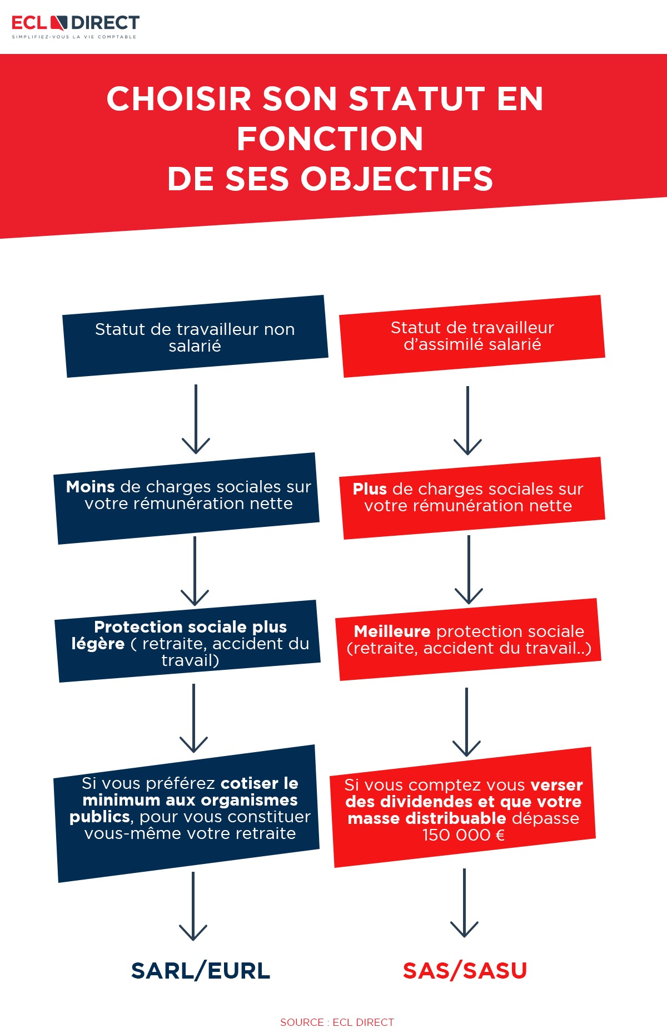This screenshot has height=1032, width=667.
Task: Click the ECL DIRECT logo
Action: tap(76, 27)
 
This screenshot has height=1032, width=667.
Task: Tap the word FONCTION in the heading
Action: tap(330, 139)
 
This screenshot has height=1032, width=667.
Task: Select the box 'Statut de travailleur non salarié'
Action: tap(195, 336)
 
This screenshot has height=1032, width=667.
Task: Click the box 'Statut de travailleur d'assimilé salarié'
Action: tap(472, 336)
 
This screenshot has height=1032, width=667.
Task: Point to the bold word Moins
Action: tap(91, 487)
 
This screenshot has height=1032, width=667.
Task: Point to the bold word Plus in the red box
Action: tap(370, 489)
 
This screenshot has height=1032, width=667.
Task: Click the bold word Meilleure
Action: tap(392, 631)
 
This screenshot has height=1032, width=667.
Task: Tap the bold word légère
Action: tap(98, 644)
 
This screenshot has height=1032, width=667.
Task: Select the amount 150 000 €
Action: tap(464, 835)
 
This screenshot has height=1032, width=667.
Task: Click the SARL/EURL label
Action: tap(201, 971)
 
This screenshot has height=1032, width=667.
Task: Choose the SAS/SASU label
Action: tap(465, 971)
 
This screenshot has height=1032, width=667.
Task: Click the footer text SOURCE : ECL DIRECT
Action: tap(337, 1022)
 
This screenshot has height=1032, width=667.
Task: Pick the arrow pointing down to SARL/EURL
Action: tap(193, 906)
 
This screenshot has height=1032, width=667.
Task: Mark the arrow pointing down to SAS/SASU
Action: tap(464, 903)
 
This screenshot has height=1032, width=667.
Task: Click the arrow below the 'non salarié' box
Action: tap(196, 419)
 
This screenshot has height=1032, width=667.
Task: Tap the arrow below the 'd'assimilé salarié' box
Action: tap(467, 421)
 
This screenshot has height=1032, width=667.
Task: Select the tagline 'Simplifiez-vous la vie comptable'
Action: tap(74, 37)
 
